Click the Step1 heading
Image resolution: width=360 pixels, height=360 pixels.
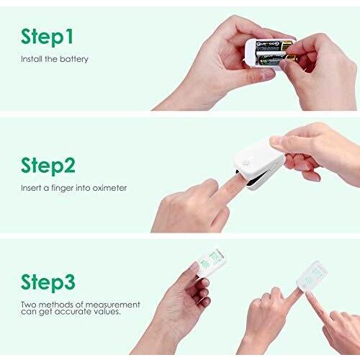tap(47, 37)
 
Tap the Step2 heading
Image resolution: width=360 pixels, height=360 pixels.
tap(48, 166)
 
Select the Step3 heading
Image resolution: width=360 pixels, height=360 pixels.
tap(48, 281)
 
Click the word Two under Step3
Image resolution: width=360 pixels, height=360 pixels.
tap(28, 303)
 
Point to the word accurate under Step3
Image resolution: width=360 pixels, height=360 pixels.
tap(79, 312)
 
